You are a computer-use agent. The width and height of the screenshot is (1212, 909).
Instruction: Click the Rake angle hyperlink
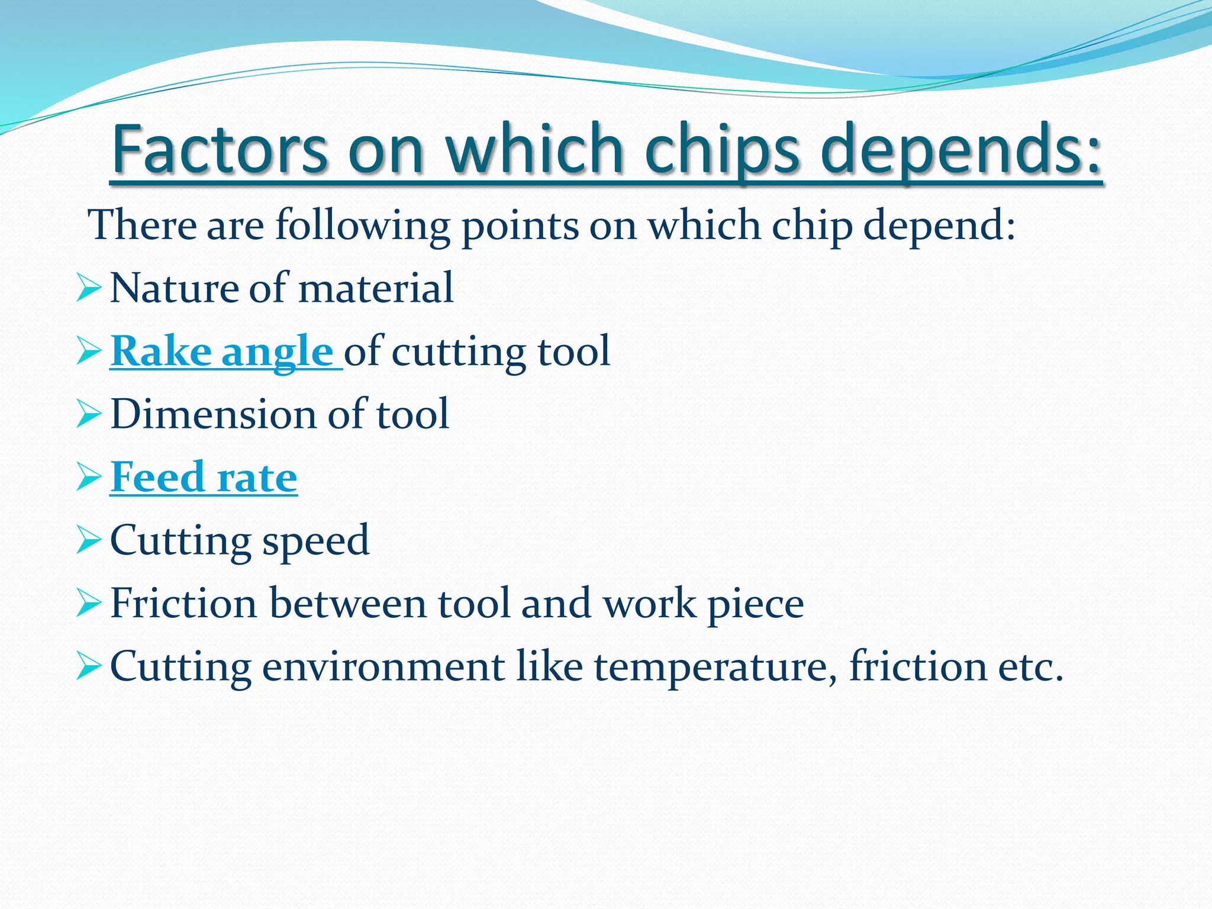tap(222, 352)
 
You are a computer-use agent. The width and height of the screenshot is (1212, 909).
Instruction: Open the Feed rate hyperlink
tap(204, 477)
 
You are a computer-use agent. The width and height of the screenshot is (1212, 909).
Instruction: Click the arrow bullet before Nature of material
tap(89, 289)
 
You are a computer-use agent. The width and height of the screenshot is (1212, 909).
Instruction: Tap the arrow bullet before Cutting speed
tap(89, 541)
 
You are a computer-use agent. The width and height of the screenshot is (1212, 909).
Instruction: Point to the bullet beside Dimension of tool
tap(89, 415)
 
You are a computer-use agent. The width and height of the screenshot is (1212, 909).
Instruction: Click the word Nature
tap(174, 289)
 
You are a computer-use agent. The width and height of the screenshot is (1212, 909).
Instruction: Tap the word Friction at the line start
tap(184, 604)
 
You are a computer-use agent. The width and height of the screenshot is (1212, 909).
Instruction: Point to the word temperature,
tap(715, 667)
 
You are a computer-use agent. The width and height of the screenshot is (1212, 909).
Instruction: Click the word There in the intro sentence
tap(142, 225)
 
